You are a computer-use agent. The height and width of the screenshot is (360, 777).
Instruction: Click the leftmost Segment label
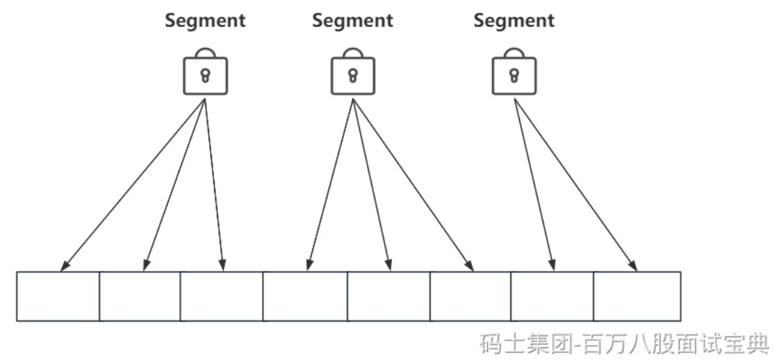pos(205,21)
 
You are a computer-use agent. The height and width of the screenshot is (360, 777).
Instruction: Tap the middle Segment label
pos(352,21)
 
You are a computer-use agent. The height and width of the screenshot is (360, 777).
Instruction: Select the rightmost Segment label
pos(514,21)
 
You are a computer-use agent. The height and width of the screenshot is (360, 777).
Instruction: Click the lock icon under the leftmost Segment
pos(205,74)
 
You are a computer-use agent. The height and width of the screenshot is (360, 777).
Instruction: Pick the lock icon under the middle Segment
pos(352,74)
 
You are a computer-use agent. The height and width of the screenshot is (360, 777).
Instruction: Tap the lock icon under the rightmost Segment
pos(514,74)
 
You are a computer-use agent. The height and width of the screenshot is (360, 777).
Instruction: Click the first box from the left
pos(58,296)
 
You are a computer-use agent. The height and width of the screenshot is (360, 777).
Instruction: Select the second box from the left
pos(140,296)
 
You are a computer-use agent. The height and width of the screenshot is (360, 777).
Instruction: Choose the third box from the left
pos(222,296)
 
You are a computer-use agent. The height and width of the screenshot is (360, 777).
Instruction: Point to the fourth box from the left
pos(305,296)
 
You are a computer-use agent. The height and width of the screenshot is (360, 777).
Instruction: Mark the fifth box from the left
pos(388,296)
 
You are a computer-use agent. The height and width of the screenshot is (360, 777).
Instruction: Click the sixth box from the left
pos(471,296)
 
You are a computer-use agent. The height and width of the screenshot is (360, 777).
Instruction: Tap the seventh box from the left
pos(553,296)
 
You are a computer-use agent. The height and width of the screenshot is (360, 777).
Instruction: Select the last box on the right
pos(637,296)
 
